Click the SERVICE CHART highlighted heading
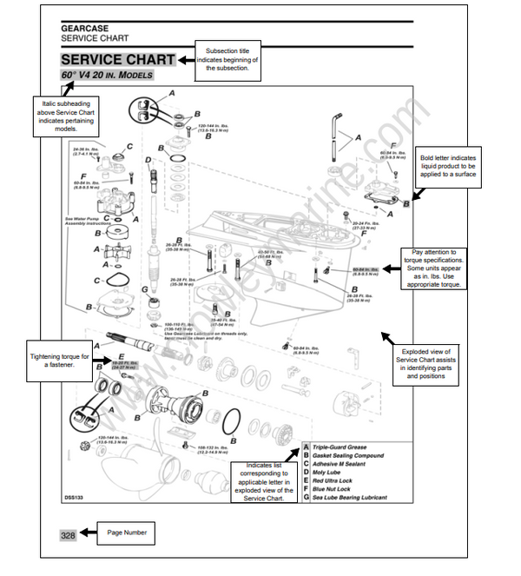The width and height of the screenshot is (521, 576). coord(117,60)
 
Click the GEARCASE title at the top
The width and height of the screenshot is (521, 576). coord(84,28)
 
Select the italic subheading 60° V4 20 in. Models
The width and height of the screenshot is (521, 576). coord(107,76)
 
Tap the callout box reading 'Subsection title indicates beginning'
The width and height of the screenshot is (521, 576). coord(228,56)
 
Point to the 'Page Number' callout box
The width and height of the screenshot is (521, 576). coord(126,533)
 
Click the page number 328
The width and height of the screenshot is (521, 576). coord(69,536)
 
